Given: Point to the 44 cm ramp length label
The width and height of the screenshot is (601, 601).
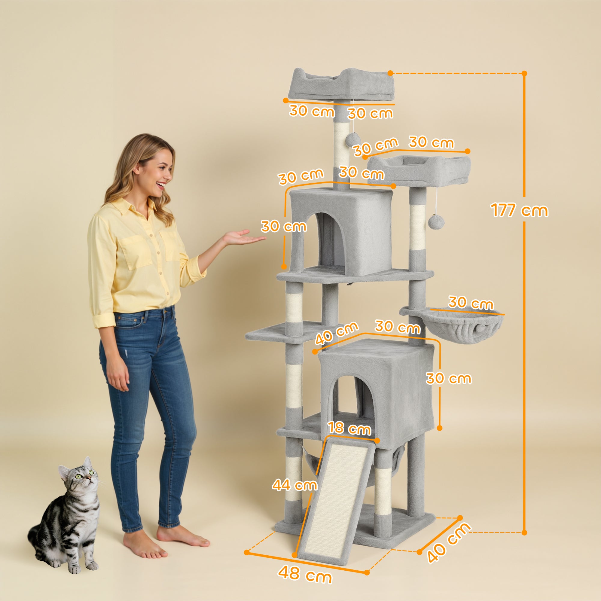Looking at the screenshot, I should [x=294, y=485].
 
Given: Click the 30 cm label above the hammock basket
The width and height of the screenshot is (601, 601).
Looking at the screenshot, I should [x=471, y=303].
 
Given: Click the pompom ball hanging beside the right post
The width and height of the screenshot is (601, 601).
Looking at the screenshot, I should [x=436, y=222].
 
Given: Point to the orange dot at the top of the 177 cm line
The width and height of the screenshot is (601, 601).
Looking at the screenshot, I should [x=524, y=73].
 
